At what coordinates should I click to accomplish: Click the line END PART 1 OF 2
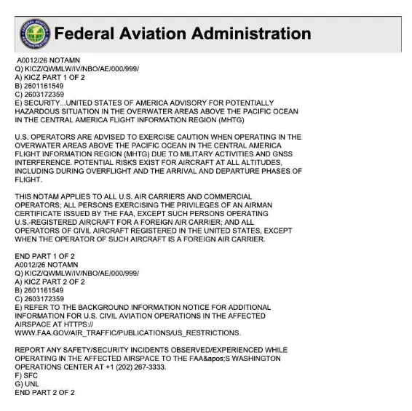point(45,256)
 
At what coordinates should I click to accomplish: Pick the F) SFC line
point(26,375)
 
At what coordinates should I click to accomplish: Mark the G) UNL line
point(27,383)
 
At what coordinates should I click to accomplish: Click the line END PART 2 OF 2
point(45,392)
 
